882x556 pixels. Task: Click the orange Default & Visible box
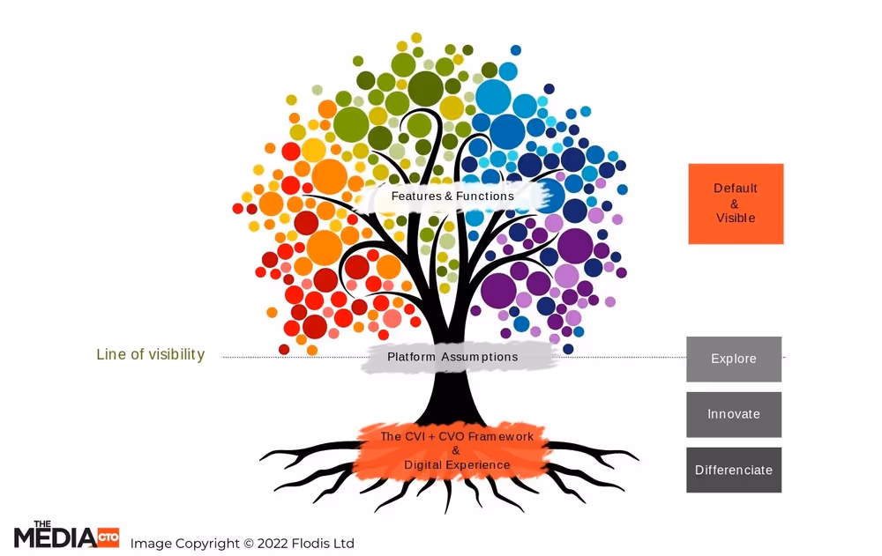point(736,204)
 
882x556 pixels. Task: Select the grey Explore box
point(734,359)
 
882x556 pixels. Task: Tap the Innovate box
point(734,414)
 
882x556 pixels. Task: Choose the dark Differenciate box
point(734,470)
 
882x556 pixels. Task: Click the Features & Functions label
point(452,196)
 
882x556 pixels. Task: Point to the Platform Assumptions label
point(452,357)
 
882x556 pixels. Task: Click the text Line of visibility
point(150,354)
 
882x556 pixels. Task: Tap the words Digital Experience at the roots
point(457,464)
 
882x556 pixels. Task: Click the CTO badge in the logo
point(108,536)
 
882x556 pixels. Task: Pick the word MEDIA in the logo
point(55,537)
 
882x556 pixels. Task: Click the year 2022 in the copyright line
point(273,544)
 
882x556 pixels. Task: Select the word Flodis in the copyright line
point(313,544)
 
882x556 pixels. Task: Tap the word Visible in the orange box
point(736,218)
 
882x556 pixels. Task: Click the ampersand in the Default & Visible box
point(735,204)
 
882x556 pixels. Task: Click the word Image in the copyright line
point(150,544)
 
